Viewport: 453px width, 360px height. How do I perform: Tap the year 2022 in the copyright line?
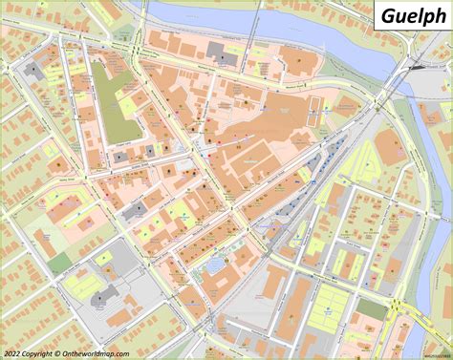12,353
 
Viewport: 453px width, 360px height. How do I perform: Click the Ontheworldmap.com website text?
96,353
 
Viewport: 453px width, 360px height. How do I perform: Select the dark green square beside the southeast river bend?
372,309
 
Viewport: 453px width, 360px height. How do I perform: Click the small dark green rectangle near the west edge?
60,262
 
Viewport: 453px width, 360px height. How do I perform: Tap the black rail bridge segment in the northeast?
417,67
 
